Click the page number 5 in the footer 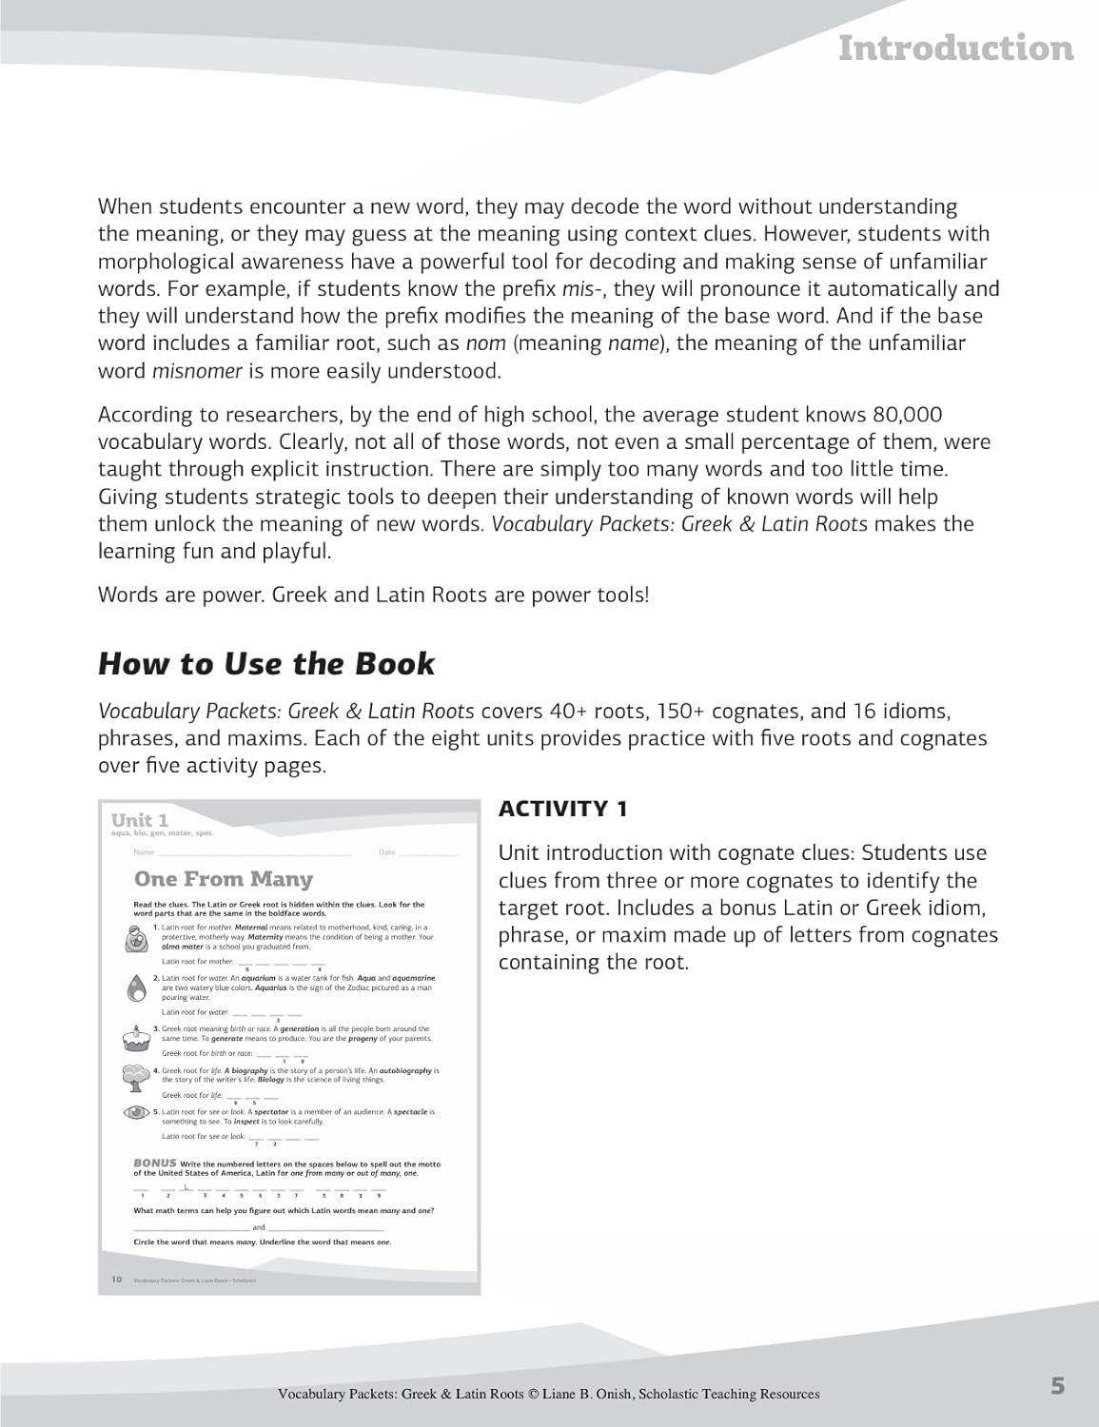pyautogui.click(x=1058, y=1386)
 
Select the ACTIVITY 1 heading pyautogui.click(x=562, y=809)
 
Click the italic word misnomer pyautogui.click(x=197, y=371)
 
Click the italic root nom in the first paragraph pyautogui.click(x=484, y=343)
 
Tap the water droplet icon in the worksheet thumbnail pyautogui.click(x=135, y=987)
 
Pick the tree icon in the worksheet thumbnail pyautogui.click(x=135, y=1077)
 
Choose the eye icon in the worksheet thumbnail pyautogui.click(x=136, y=1112)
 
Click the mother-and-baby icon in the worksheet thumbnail pyautogui.click(x=135, y=939)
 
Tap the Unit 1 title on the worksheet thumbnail pyautogui.click(x=140, y=820)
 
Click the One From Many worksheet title pyautogui.click(x=224, y=879)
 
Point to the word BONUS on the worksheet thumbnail pyautogui.click(x=154, y=1163)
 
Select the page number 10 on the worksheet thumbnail pyautogui.click(x=116, y=1280)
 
